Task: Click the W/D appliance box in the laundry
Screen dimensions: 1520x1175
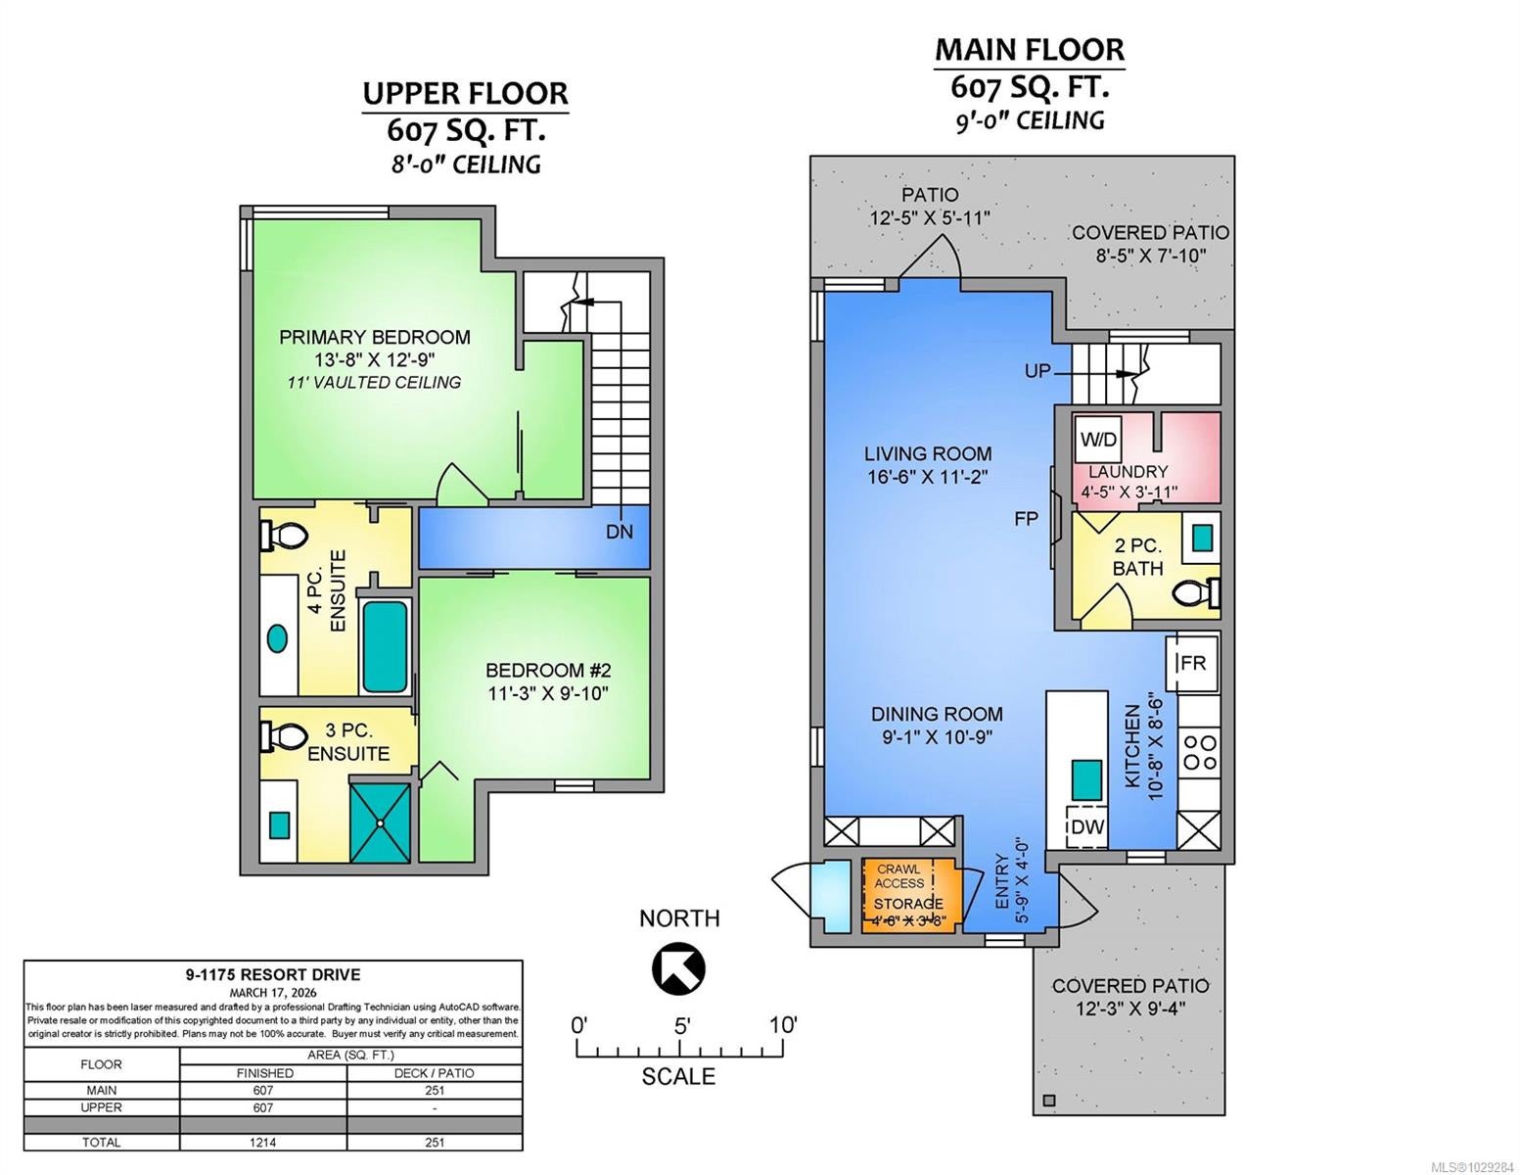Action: pyautogui.click(x=1098, y=440)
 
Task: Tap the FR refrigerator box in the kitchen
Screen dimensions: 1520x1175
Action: pyautogui.click(x=1192, y=662)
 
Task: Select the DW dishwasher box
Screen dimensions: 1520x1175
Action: pyautogui.click(x=1086, y=827)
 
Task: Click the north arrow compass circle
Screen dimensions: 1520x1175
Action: pyautogui.click(x=678, y=968)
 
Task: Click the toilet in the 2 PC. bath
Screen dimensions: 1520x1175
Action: pyautogui.click(x=1196, y=593)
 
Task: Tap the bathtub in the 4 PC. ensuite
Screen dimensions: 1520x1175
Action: pyautogui.click(x=384, y=646)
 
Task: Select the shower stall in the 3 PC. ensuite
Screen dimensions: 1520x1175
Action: pyautogui.click(x=380, y=822)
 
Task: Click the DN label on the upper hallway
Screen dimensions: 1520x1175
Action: pyautogui.click(x=619, y=532)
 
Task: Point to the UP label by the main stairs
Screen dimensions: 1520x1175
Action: pyautogui.click(x=1037, y=371)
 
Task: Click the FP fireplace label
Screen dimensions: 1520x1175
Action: pyautogui.click(x=1026, y=519)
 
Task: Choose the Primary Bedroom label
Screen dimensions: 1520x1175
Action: pyautogui.click(x=375, y=337)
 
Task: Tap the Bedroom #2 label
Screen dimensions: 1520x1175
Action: pyautogui.click(x=548, y=671)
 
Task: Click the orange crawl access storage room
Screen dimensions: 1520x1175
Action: pyautogui.click(x=908, y=894)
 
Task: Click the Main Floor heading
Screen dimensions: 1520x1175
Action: pyautogui.click(x=1030, y=50)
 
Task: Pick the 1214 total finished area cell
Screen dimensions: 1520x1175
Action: pyautogui.click(x=263, y=1142)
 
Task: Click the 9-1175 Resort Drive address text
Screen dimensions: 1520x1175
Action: pyautogui.click(x=273, y=974)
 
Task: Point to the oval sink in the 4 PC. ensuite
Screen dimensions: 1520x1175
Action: pyautogui.click(x=278, y=638)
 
